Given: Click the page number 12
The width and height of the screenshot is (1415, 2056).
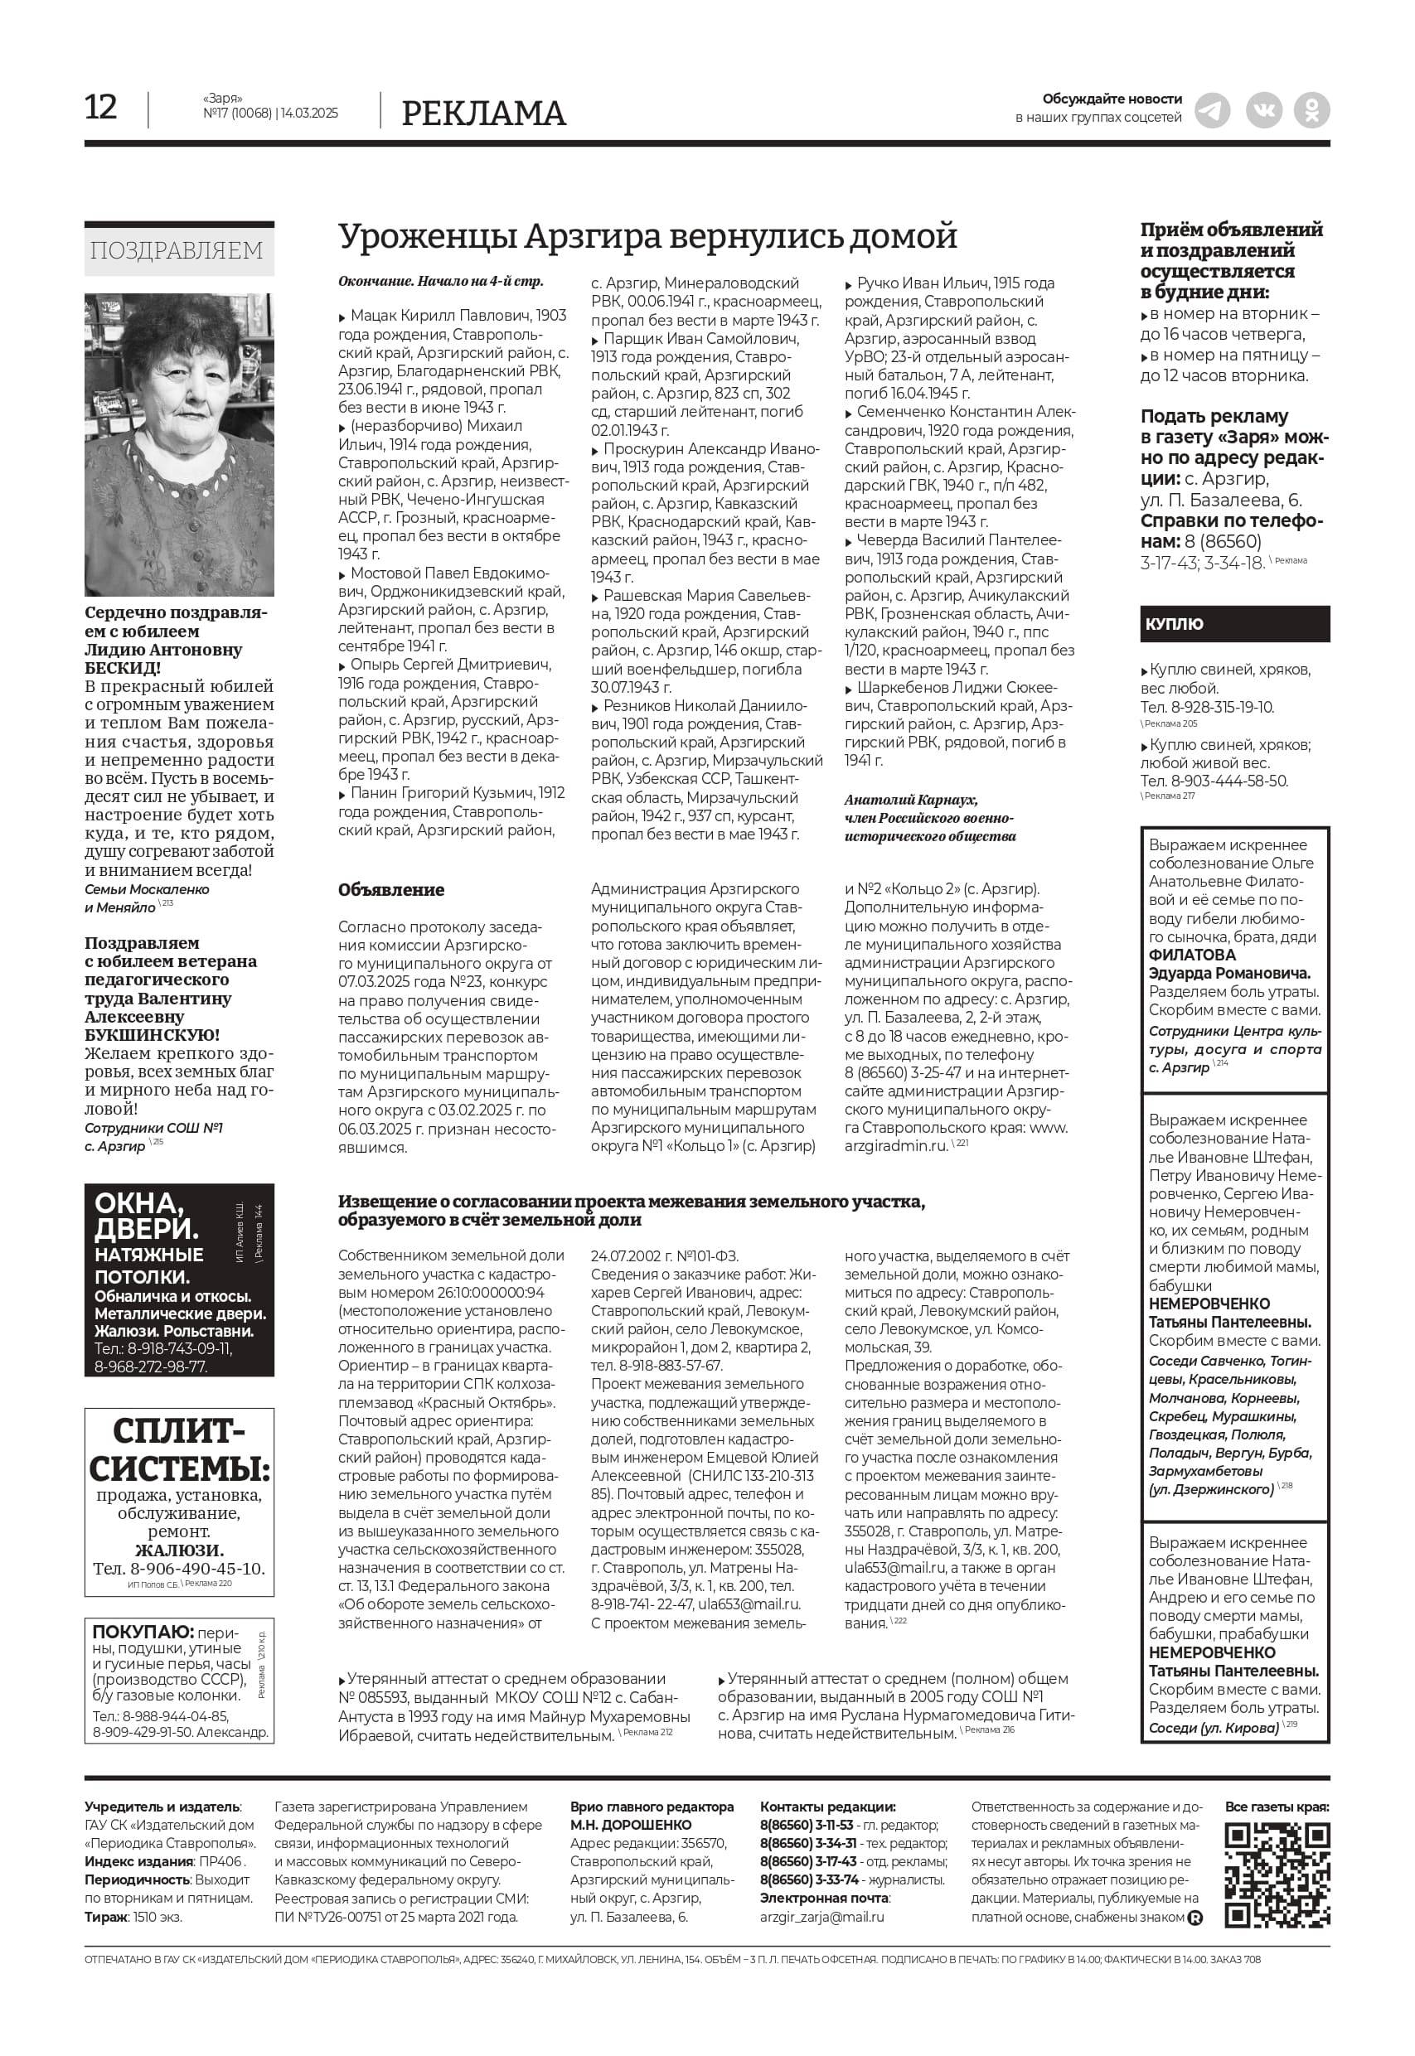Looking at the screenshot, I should [101, 107].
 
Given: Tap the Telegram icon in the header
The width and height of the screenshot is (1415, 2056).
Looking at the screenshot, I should [1212, 111].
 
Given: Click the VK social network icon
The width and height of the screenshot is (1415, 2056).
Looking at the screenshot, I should [1262, 111].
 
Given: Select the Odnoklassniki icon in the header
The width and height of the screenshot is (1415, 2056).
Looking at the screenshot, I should [1311, 111].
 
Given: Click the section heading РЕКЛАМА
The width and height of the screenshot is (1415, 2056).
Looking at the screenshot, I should [483, 114].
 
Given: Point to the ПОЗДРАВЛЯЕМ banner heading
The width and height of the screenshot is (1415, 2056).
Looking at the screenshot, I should [177, 251].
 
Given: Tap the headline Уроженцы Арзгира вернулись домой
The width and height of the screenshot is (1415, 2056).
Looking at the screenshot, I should [647, 237].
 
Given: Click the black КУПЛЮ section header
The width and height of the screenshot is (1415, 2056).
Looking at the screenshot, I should [1234, 624].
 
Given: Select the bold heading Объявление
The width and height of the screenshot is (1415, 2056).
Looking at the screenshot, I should [391, 890].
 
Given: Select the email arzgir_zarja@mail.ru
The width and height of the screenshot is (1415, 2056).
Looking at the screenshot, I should [821, 1917].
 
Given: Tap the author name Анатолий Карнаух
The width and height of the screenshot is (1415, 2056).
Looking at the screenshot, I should [910, 800].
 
